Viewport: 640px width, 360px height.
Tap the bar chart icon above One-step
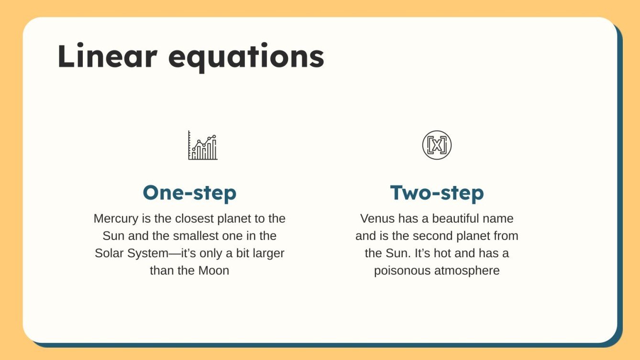(x=202, y=145)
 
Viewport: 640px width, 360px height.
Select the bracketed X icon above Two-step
(x=437, y=145)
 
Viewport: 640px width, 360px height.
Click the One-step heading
(x=189, y=193)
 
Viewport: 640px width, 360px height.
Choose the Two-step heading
(x=437, y=193)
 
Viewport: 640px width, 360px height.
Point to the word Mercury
(x=116, y=219)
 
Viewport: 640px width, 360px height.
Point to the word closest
(x=184, y=219)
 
